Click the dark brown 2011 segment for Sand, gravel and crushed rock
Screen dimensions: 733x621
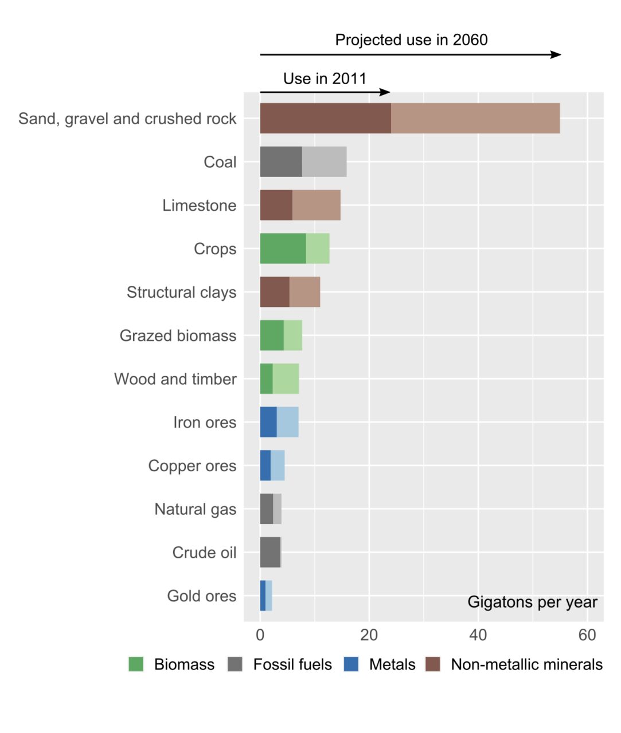click(325, 119)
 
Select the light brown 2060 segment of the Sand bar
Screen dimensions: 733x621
click(475, 119)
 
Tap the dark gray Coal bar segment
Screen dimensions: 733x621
click(281, 161)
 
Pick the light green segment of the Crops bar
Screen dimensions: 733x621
click(318, 249)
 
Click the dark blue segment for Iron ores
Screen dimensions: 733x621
click(268, 422)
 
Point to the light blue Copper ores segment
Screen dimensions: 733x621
click(278, 466)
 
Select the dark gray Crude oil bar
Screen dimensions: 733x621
click(270, 552)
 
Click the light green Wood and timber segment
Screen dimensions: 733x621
click(286, 379)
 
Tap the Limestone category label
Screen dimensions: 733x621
click(199, 206)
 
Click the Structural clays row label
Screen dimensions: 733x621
click(181, 292)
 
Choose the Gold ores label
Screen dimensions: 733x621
click(201, 596)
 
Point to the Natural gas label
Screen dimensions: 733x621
click(195, 509)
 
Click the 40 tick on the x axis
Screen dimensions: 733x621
click(478, 635)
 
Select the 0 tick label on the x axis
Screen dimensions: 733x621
click(260, 635)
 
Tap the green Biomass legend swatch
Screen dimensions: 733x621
click(136, 664)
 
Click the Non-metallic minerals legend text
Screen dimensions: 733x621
click(526, 664)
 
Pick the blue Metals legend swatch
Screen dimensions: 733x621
click(351, 664)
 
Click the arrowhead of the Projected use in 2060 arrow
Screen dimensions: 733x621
click(556, 54)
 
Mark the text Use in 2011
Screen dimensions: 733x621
click(325, 78)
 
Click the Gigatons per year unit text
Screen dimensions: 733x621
click(532, 602)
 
